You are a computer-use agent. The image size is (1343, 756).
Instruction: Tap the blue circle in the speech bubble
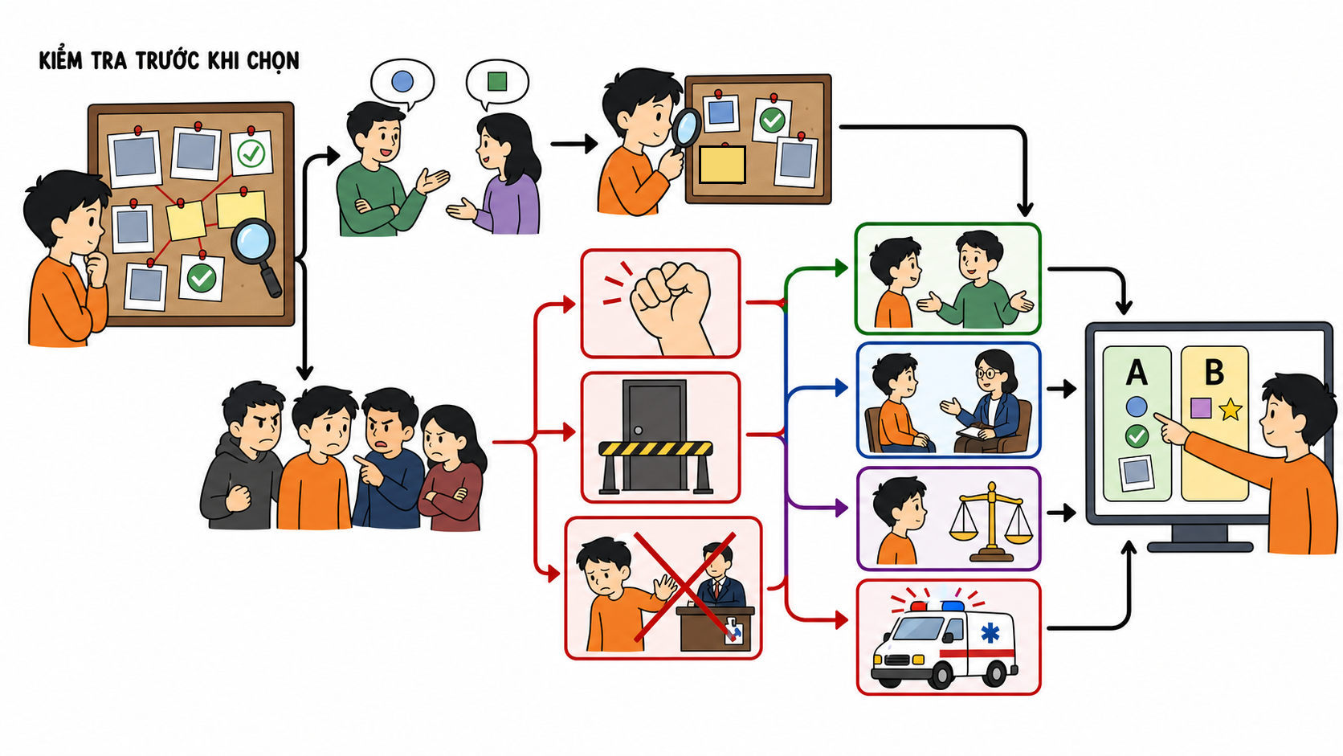click(x=402, y=81)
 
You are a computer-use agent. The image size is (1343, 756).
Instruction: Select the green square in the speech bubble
click(x=497, y=81)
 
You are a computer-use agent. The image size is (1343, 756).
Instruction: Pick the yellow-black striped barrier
click(x=656, y=467)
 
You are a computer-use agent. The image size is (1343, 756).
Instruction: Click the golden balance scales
click(x=992, y=521)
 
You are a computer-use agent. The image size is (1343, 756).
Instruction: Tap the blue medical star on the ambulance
click(x=990, y=633)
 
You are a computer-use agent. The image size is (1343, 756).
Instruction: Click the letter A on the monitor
click(x=1136, y=373)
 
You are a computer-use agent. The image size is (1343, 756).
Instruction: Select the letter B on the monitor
click(x=1214, y=372)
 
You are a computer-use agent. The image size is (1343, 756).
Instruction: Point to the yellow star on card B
click(x=1231, y=409)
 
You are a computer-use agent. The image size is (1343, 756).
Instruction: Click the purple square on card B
click(x=1200, y=408)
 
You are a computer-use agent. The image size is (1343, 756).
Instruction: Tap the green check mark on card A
click(x=1136, y=436)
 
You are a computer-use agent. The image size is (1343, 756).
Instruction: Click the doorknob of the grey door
click(x=638, y=430)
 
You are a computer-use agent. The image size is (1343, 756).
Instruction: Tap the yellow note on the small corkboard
click(x=722, y=164)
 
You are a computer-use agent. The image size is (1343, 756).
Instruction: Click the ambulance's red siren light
click(x=918, y=606)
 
